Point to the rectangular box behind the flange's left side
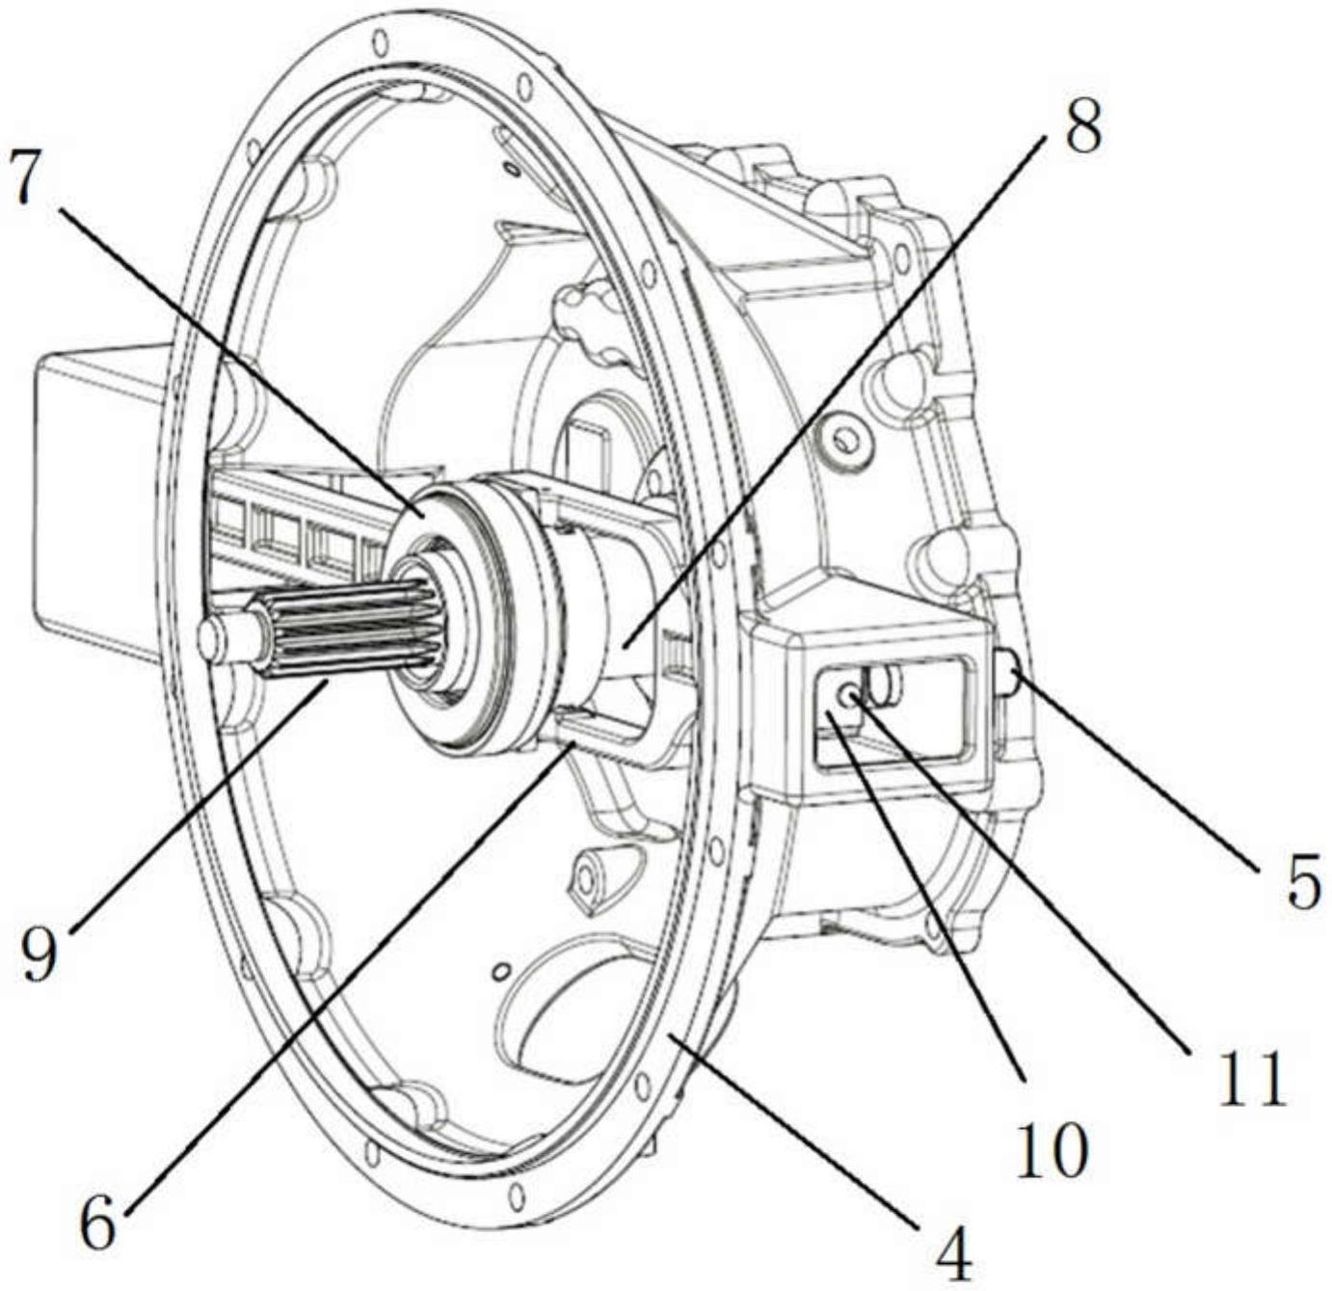click(103, 500)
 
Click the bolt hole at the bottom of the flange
click(519, 1197)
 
